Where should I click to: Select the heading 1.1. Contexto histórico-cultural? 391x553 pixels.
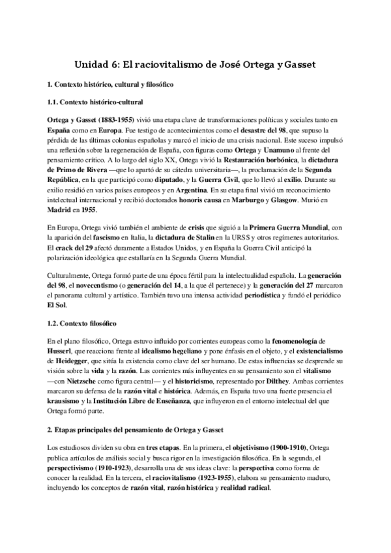point(96,102)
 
